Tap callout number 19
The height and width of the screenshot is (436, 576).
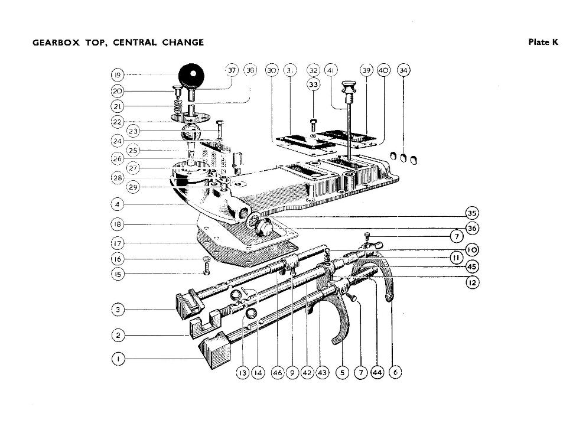pos(118,76)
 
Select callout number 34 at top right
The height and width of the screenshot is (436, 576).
pos(404,70)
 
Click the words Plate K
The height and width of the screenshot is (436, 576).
pos(542,42)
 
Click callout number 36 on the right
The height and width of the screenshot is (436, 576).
pos(471,228)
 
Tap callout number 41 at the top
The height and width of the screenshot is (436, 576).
pos(331,70)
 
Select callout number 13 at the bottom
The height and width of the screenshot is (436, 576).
pos(243,373)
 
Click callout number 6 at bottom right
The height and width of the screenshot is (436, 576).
pos(395,373)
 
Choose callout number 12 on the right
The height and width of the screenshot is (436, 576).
pos(471,282)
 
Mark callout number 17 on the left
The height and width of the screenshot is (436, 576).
pos(118,243)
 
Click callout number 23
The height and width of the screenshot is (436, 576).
pos(134,131)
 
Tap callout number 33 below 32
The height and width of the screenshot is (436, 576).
pos(314,84)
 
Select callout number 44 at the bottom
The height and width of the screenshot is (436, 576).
pos(377,373)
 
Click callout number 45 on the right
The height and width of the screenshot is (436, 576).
pos(471,266)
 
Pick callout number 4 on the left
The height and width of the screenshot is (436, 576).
pos(118,204)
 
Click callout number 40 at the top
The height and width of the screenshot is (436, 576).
pos(383,70)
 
